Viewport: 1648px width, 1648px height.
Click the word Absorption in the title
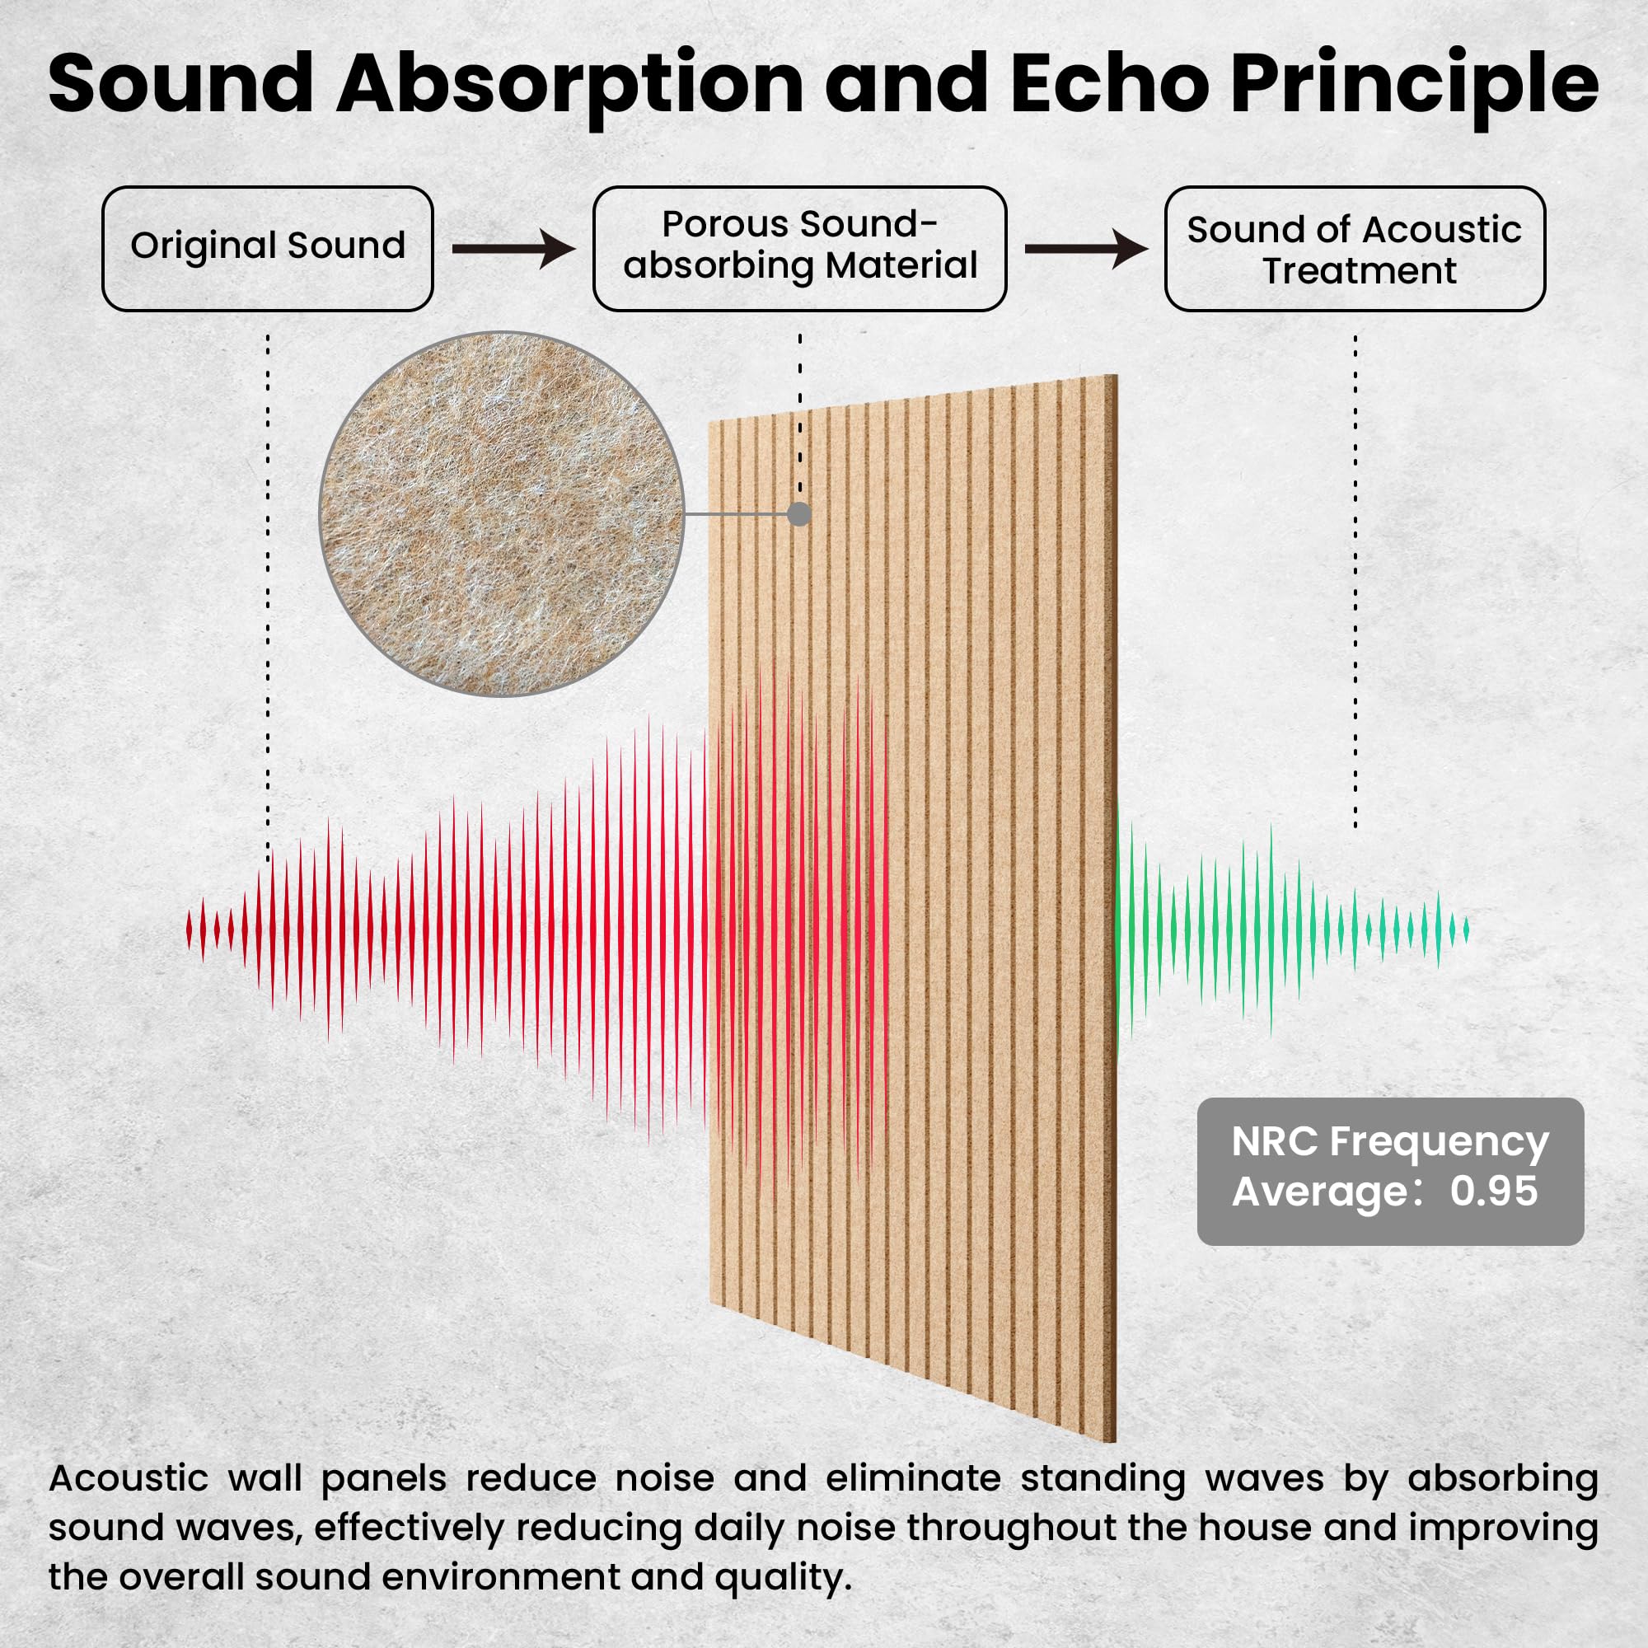click(570, 83)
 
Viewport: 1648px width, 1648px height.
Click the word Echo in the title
click(1109, 83)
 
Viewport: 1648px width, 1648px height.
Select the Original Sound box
click(267, 248)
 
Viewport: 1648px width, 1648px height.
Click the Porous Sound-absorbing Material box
click(799, 248)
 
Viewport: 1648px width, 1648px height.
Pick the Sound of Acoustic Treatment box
click(1354, 248)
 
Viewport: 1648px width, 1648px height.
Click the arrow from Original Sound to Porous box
click(513, 249)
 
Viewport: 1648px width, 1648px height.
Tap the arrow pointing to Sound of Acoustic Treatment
click(1086, 249)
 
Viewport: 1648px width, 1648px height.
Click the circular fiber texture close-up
click(502, 513)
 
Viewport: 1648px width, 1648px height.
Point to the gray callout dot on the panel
click(798, 513)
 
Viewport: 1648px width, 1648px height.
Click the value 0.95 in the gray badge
click(1494, 1191)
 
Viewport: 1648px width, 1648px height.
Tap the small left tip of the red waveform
click(190, 929)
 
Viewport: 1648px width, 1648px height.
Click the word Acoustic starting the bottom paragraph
click(128, 1478)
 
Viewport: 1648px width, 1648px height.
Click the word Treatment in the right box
click(1359, 271)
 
